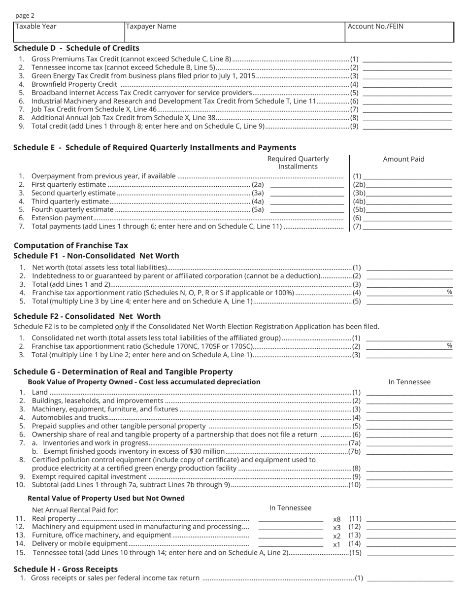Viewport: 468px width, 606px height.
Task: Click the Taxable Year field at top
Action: (69, 32)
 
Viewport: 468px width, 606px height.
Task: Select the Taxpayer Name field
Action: (234, 32)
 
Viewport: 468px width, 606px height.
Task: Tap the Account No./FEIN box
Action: (399, 32)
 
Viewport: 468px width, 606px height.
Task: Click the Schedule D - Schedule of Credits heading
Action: (76, 48)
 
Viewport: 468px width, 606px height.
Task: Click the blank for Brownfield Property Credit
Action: (407, 84)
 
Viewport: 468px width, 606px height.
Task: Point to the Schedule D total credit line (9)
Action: (407, 126)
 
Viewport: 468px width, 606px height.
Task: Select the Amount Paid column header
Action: (403, 159)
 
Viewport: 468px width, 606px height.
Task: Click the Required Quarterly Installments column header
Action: (298, 163)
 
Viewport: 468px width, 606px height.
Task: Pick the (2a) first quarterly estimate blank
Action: (307, 185)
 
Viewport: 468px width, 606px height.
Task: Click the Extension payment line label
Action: (62, 218)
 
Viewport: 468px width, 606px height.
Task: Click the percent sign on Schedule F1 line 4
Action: (449, 292)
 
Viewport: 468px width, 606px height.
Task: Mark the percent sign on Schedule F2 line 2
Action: (449, 346)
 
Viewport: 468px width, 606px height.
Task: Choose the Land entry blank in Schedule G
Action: (409, 392)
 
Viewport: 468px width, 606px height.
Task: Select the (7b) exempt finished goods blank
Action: (409, 451)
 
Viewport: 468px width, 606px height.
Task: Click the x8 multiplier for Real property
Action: (337, 519)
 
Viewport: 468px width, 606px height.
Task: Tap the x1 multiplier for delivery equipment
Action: (337, 544)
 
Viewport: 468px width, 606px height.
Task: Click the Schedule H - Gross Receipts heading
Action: (66, 569)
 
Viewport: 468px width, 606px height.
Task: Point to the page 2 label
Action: (25, 16)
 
